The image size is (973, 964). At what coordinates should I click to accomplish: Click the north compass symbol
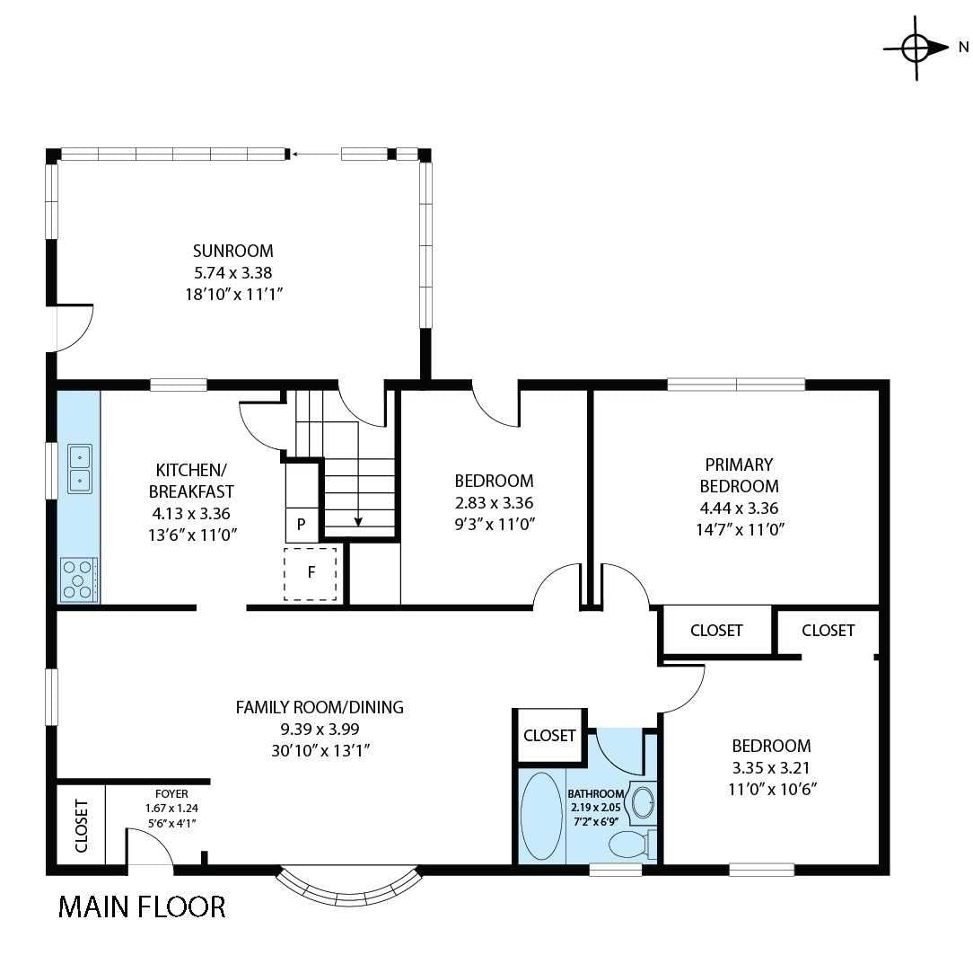tap(916, 48)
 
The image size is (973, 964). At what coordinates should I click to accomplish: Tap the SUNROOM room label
tap(232, 251)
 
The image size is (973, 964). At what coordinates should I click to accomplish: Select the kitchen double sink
tap(80, 469)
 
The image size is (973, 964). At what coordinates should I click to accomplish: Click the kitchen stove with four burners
tap(79, 579)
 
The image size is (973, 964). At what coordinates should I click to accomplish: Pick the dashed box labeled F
tap(311, 572)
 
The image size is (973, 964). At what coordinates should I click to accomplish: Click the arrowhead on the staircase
tap(358, 520)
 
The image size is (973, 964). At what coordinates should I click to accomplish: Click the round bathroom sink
tap(643, 802)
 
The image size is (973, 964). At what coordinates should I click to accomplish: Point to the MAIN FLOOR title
tap(142, 907)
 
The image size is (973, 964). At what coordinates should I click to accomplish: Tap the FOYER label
tap(171, 794)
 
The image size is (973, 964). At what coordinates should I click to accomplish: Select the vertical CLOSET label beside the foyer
tap(81, 827)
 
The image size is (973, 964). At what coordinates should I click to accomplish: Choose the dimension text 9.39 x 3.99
tap(320, 730)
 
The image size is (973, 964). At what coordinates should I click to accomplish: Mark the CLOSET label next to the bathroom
tap(548, 736)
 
